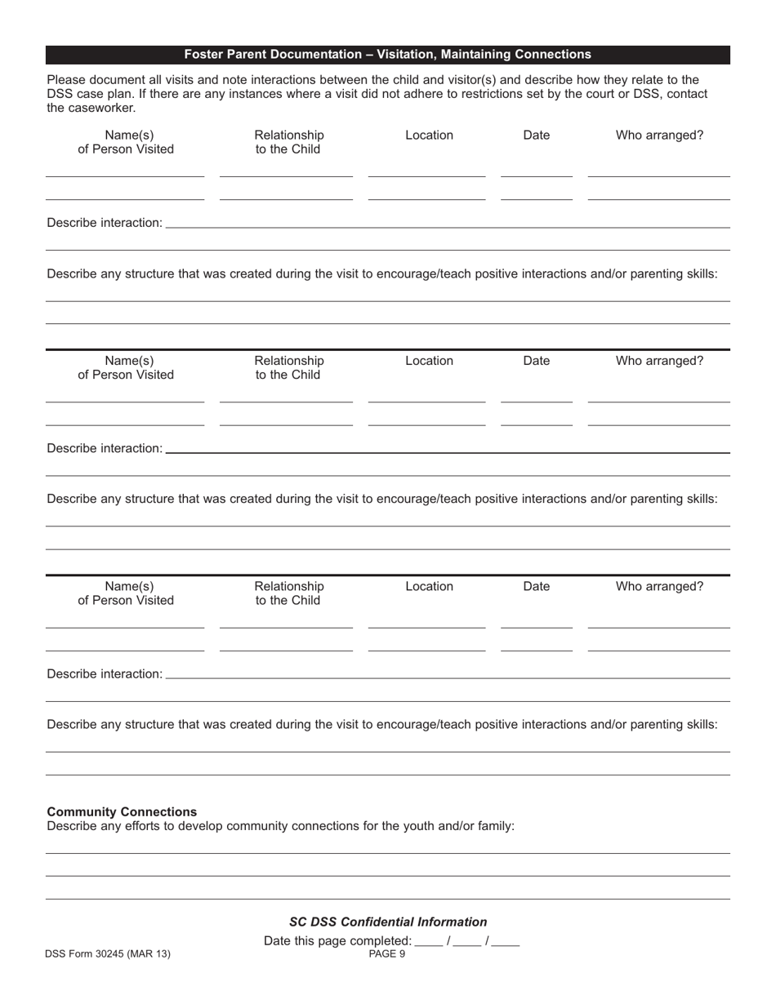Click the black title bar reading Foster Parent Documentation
[x=387, y=55]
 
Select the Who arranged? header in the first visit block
[x=658, y=135]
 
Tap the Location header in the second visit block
[x=429, y=361]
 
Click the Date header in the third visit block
[x=536, y=586]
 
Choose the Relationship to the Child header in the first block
[x=288, y=142]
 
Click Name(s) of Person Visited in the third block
[x=126, y=593]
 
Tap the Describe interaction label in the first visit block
[x=105, y=223]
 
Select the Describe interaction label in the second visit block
[x=105, y=448]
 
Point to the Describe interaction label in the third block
[x=105, y=673]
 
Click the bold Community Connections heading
[x=122, y=811]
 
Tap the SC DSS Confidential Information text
[x=388, y=922]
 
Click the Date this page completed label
[x=337, y=941]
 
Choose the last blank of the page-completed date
[x=506, y=942]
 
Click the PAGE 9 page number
[x=387, y=953]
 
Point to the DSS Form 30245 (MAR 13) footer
[x=109, y=953]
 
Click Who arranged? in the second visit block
[x=658, y=361]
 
